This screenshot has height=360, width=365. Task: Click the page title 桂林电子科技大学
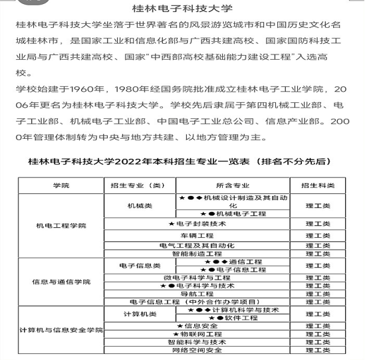(182, 9)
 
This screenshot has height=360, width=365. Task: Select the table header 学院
(61, 185)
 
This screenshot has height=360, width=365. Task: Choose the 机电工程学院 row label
(61, 226)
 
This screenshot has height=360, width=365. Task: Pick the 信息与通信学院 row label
(61, 282)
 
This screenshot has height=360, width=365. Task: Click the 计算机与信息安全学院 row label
(61, 329)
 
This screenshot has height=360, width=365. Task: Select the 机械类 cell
(140, 205)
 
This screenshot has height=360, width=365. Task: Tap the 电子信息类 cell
(140, 266)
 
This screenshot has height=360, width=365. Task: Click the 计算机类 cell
(140, 314)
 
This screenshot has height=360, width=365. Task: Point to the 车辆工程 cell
(197, 235)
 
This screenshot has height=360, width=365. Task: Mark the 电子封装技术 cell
(197, 224)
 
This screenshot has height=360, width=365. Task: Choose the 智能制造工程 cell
(197, 253)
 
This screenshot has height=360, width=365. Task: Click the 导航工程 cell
(197, 293)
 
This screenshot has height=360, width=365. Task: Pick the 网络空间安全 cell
(197, 350)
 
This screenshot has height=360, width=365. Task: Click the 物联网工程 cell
(197, 333)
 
